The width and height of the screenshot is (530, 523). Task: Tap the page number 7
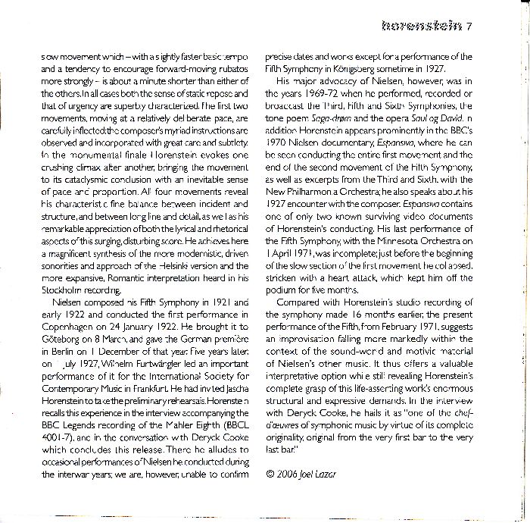pyautogui.click(x=469, y=28)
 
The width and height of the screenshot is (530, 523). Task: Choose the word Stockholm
pyautogui.click(x=61, y=290)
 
